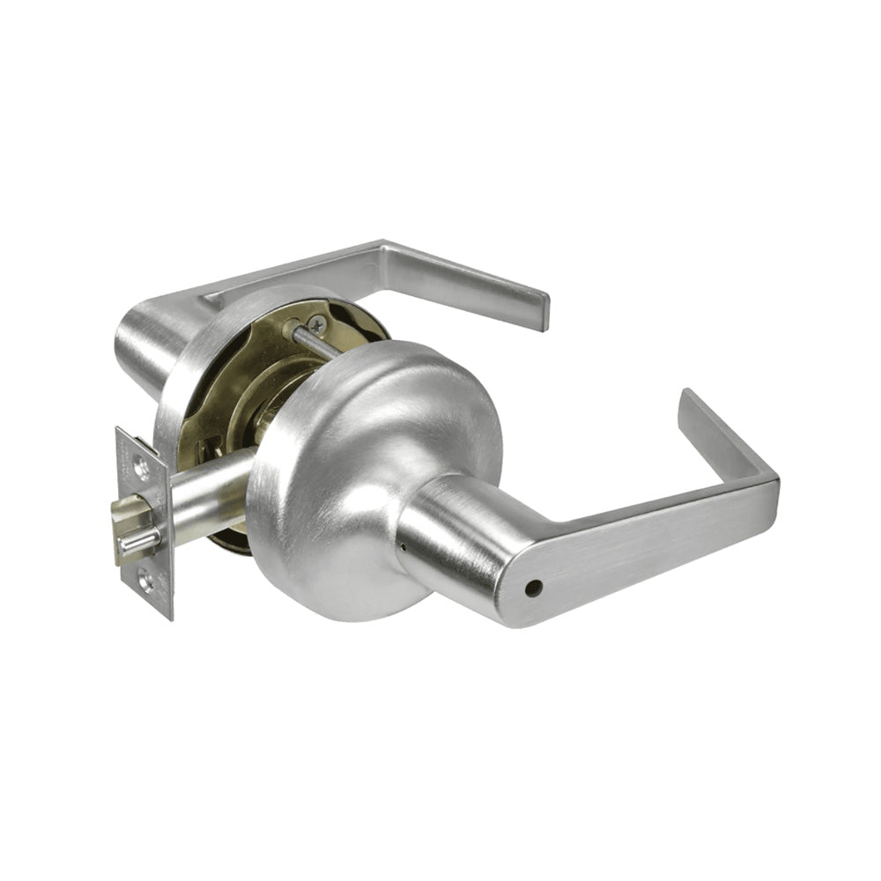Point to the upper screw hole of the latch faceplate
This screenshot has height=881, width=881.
[x=140, y=468]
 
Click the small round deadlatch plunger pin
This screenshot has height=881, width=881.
[x=140, y=544]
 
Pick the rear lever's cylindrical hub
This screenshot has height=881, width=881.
[x=150, y=344]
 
